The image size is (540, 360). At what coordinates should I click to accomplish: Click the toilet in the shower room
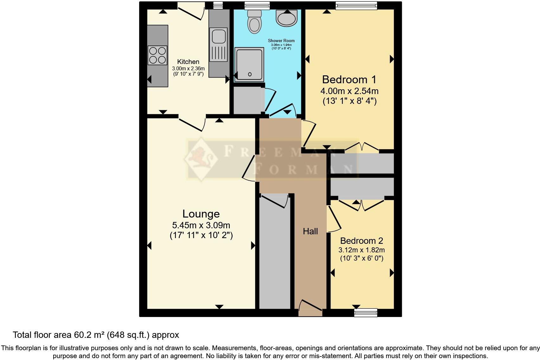click(254, 22)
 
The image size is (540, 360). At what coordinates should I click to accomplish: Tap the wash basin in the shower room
click(286, 18)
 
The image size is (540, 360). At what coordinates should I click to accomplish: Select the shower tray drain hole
click(250, 74)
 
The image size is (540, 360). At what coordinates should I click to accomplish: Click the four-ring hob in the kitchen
click(157, 55)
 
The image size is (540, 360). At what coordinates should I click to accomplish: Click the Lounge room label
click(201, 214)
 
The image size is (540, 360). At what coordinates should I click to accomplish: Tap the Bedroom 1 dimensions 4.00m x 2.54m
click(349, 91)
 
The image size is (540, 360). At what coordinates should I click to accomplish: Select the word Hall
click(310, 231)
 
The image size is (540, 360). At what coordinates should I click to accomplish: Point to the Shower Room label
click(281, 41)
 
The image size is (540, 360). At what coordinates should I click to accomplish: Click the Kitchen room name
click(188, 62)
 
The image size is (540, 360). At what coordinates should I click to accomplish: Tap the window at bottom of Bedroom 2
click(366, 313)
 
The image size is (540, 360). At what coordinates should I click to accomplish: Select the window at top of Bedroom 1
click(356, 5)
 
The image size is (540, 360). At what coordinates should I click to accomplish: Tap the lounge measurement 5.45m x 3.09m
click(201, 225)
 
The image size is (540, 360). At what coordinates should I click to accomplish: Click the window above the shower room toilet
click(257, 5)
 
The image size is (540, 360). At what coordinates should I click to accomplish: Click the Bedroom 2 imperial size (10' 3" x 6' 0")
click(362, 258)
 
